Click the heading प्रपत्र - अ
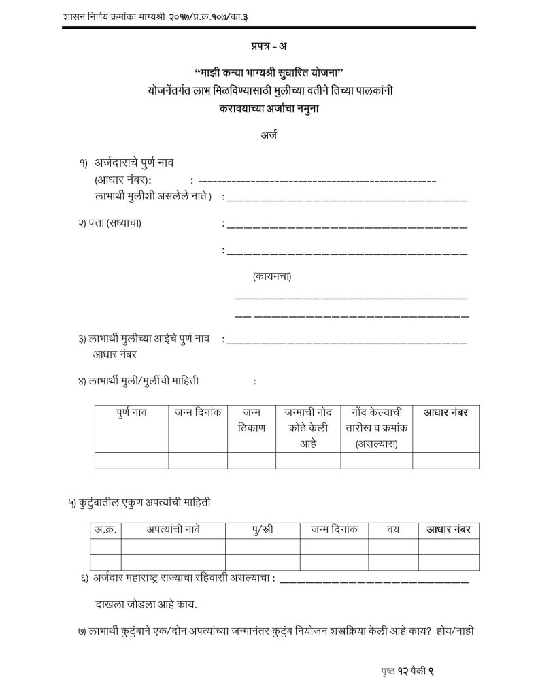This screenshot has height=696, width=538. click(x=268, y=46)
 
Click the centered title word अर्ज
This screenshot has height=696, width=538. click(x=268, y=135)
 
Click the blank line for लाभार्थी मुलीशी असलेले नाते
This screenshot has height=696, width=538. click(x=347, y=199)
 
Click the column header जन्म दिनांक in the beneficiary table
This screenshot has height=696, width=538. click(x=197, y=412)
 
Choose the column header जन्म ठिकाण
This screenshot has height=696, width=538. click(x=251, y=420)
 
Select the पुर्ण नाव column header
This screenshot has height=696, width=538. click(x=131, y=412)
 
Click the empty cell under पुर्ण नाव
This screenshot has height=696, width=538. click(x=131, y=461)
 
